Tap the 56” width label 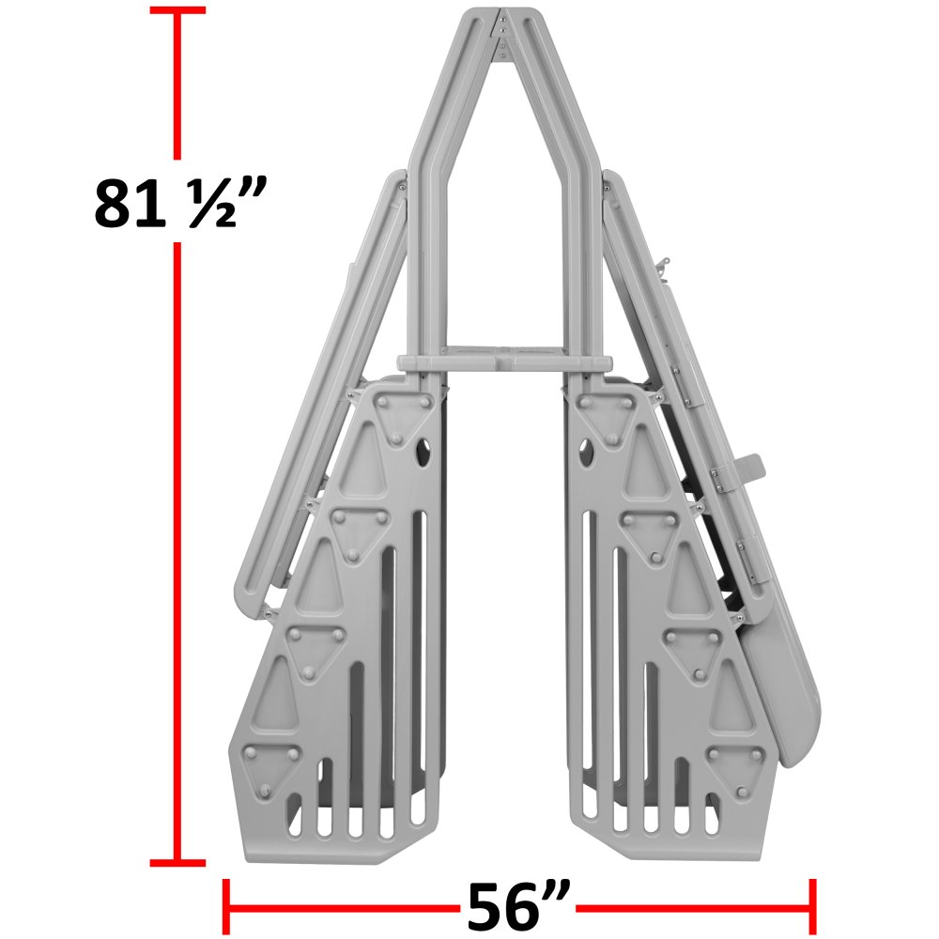(x=517, y=907)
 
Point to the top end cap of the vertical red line (x=177, y=10)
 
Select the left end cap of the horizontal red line (x=224, y=907)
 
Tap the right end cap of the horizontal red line (x=811, y=907)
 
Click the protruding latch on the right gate (x=748, y=467)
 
